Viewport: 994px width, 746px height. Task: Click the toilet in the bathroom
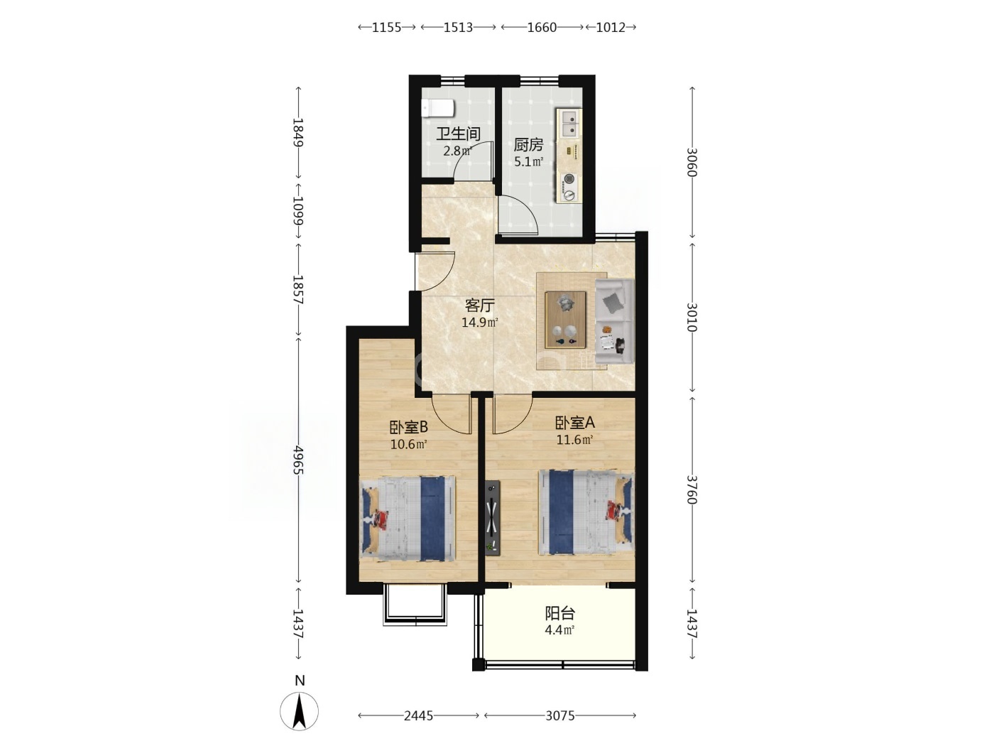click(x=438, y=109)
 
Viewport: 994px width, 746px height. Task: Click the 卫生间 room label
click(x=458, y=134)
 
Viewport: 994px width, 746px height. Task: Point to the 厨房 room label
click(x=528, y=145)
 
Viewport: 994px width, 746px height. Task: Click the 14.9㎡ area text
click(x=479, y=323)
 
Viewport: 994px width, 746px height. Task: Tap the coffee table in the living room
click(x=565, y=320)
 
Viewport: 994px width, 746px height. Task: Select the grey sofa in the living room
click(x=615, y=322)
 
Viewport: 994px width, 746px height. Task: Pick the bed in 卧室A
click(x=586, y=512)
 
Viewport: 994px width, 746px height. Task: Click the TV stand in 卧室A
click(x=493, y=518)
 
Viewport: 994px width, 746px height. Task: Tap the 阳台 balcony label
click(x=559, y=613)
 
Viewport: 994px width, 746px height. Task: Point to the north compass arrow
click(x=299, y=710)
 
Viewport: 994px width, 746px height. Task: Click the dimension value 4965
click(x=297, y=460)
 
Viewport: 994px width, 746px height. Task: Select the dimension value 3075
click(x=560, y=715)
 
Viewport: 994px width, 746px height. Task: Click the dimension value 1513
click(x=458, y=27)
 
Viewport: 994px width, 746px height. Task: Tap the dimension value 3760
click(x=692, y=490)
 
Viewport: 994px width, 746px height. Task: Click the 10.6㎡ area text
click(x=409, y=444)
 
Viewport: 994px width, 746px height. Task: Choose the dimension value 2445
click(x=418, y=715)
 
